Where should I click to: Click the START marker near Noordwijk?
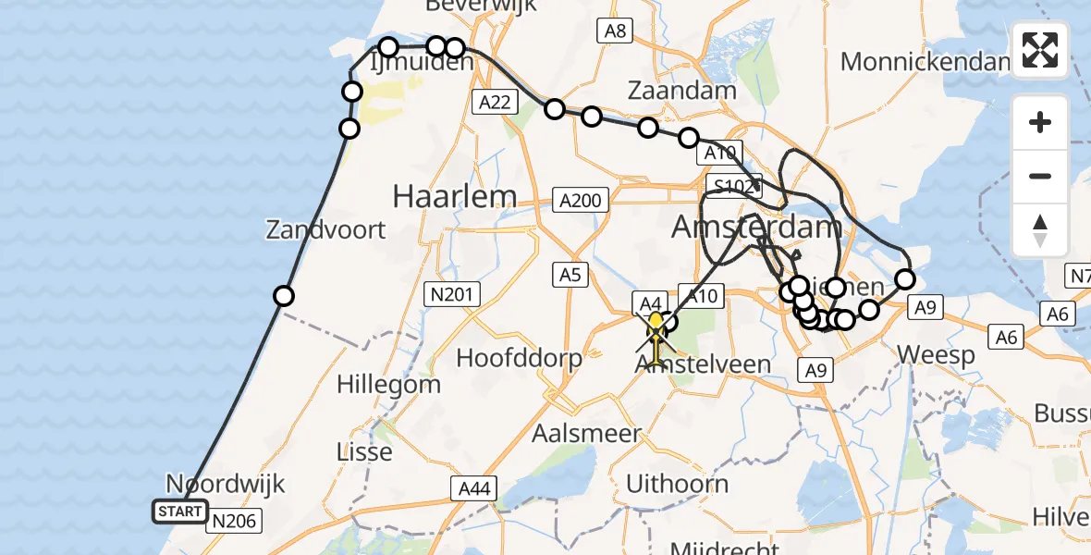(180, 512)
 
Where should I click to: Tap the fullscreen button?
(1040, 50)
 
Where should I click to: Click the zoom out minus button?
(1040, 176)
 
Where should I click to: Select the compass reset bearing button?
(1040, 230)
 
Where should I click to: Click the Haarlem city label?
(454, 196)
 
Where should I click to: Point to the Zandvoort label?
(325, 229)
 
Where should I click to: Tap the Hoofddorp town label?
(518, 358)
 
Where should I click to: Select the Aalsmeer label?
(586, 433)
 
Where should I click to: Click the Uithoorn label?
(677, 483)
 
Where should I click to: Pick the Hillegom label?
(376, 383)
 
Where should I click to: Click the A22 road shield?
(495, 103)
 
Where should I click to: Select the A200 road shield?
(581, 200)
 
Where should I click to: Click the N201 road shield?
(452, 295)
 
